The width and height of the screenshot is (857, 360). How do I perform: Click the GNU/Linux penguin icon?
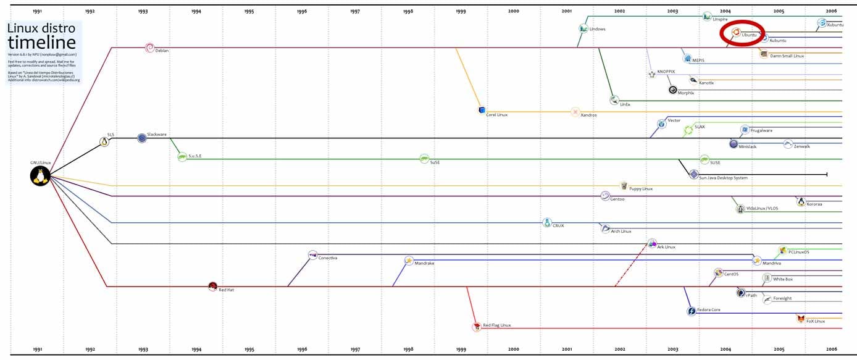(40, 177)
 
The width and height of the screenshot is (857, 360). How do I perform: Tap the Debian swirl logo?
(149, 48)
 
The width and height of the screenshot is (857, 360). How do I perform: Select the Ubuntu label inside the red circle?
(749, 35)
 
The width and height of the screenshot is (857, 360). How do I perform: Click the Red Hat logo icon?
(212, 286)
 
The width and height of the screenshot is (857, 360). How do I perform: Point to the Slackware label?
(157, 134)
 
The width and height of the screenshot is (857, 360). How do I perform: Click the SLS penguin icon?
(104, 142)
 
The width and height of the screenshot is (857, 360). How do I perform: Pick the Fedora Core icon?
(692, 311)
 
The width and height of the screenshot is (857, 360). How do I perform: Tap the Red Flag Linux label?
(496, 325)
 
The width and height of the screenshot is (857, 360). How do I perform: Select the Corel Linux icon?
(482, 111)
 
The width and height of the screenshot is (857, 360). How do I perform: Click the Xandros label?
(588, 115)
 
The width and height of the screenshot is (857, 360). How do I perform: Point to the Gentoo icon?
(605, 196)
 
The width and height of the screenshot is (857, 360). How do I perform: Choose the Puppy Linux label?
(640, 189)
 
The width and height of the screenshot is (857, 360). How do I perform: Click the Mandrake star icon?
(408, 261)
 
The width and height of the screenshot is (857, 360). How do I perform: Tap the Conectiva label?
(328, 257)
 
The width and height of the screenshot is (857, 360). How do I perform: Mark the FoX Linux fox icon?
(801, 319)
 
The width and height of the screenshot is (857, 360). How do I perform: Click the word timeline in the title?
(42, 43)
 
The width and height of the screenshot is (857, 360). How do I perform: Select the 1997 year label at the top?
(355, 11)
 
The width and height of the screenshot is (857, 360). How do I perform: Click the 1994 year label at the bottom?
(196, 350)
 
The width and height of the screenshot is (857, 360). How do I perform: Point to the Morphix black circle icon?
(672, 89)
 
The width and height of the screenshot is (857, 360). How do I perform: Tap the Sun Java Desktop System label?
(723, 178)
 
